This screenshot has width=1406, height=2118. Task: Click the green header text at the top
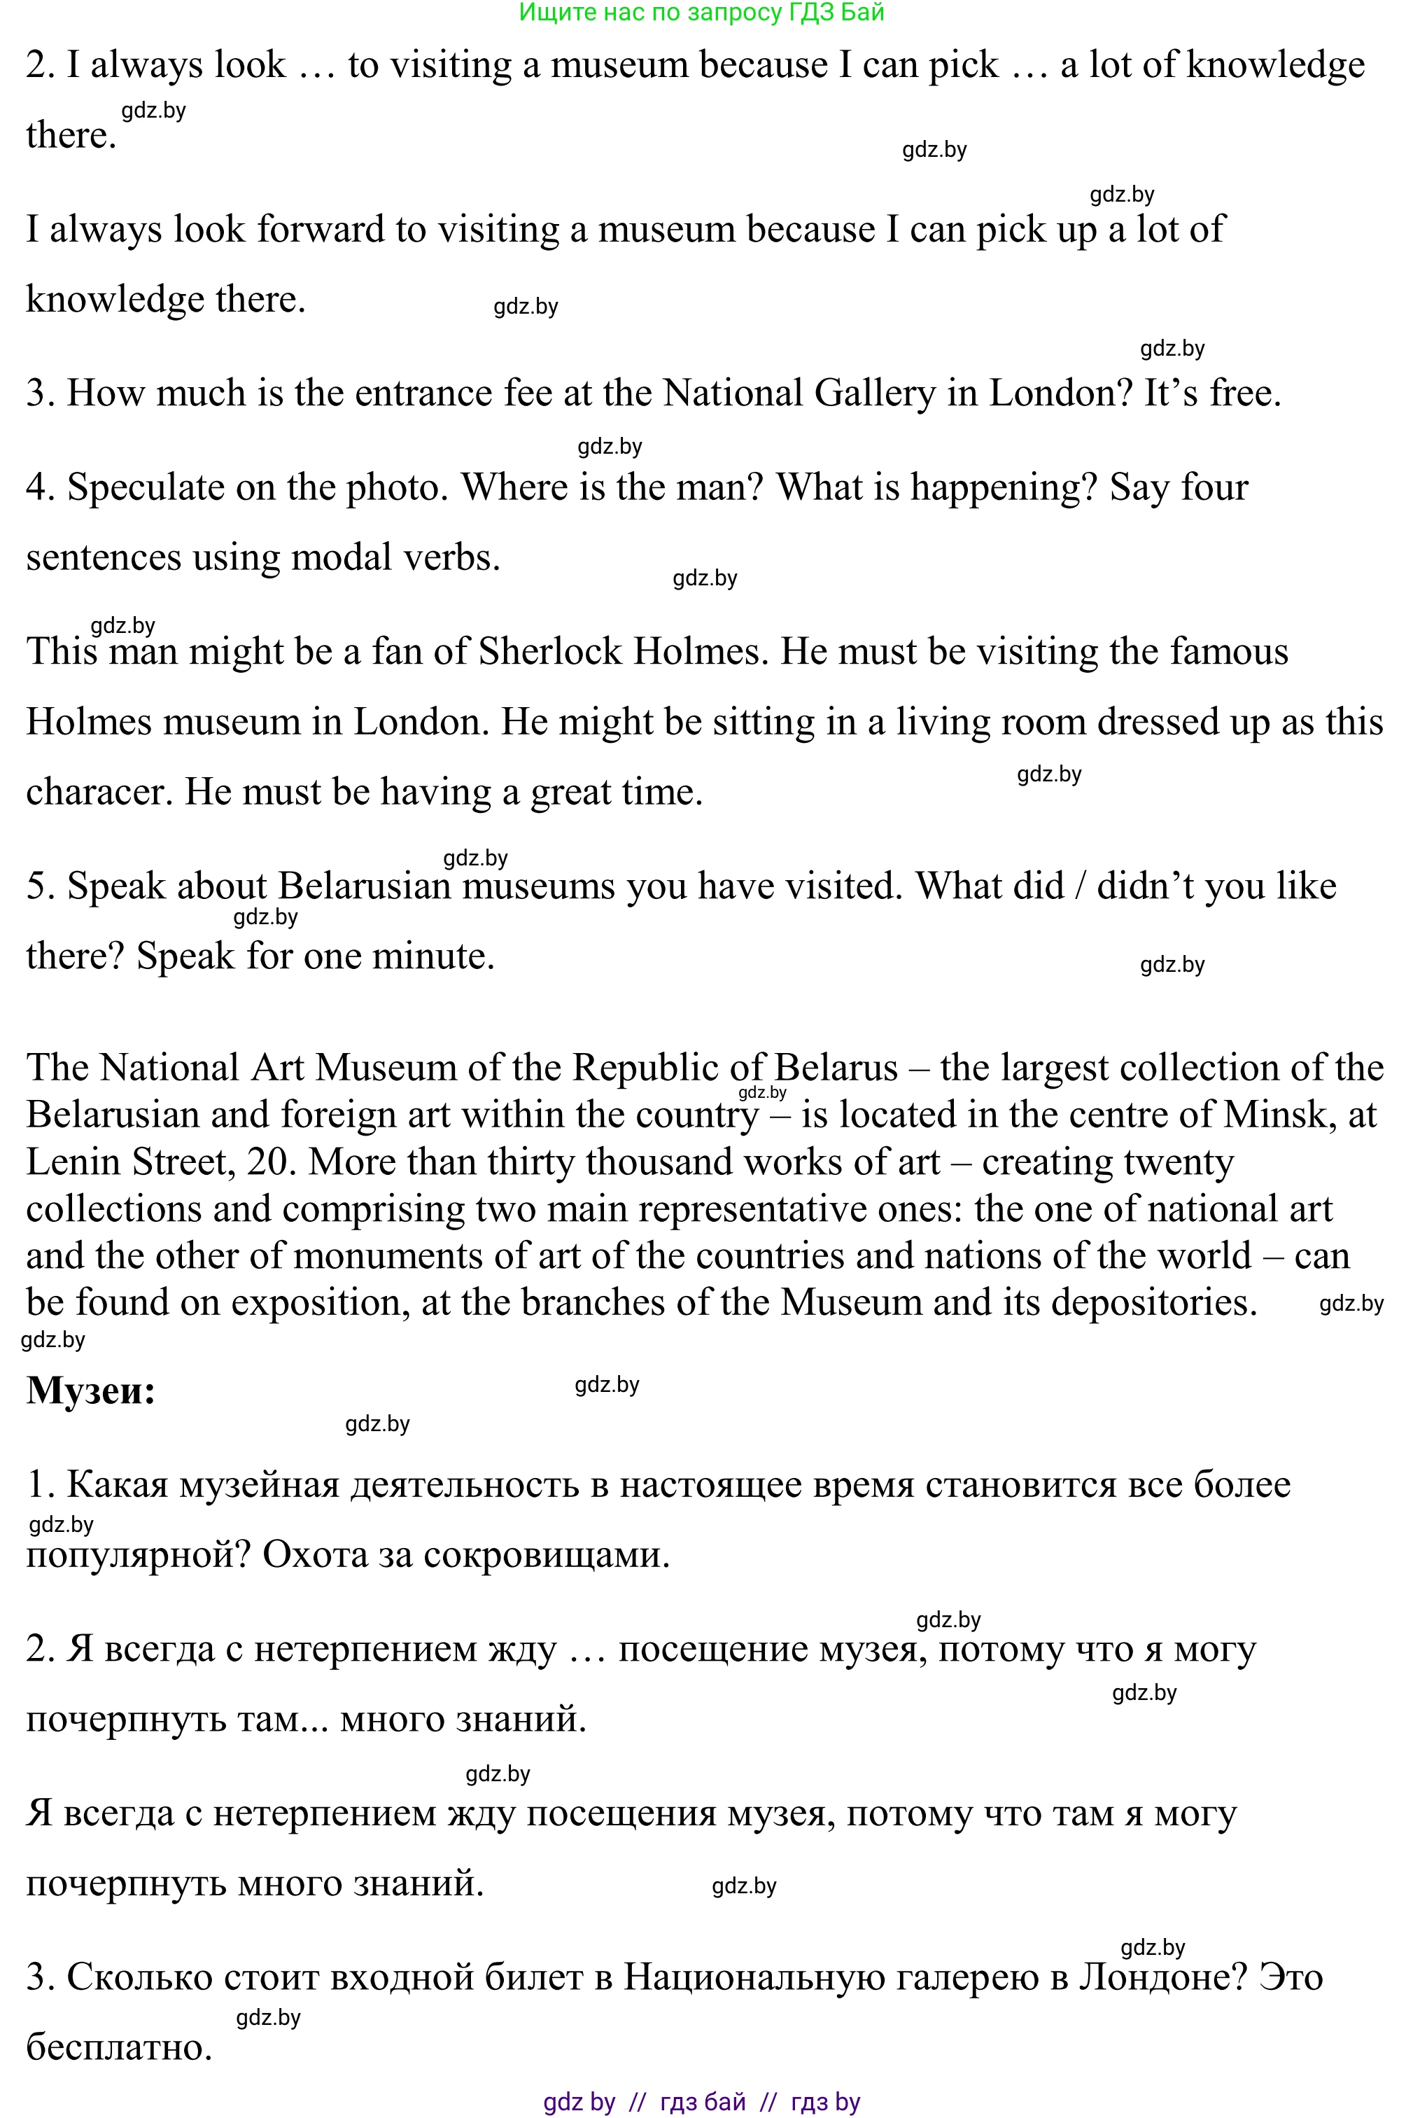point(701,13)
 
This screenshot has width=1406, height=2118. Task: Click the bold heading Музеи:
point(90,1391)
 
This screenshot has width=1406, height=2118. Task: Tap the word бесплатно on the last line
point(118,2048)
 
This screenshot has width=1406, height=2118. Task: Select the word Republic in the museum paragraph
point(645,1068)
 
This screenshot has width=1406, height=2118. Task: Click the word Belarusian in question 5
point(364,887)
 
